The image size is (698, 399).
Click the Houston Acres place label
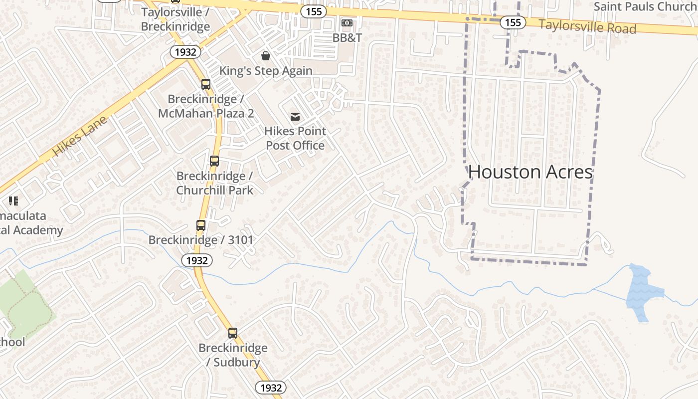point(530,172)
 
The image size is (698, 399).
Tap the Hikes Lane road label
point(79,136)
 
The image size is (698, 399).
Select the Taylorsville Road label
point(587,26)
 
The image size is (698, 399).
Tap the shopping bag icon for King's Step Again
point(266,55)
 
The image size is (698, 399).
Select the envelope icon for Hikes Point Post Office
point(295,117)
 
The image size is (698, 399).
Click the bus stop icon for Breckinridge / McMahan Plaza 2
point(206,84)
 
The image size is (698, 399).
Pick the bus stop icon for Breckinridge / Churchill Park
point(214,161)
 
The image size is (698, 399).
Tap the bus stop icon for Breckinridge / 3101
point(201,225)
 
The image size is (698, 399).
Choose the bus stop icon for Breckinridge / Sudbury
point(233,333)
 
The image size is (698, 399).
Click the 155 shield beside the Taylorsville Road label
point(513,22)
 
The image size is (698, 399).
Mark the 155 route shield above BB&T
point(313,11)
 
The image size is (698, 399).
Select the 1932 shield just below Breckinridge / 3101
point(197,260)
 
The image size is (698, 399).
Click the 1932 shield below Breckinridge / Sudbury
point(271,388)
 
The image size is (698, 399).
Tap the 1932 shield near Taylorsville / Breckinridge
point(185,52)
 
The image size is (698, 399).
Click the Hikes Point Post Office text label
point(295,138)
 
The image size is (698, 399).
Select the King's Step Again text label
point(266,71)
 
